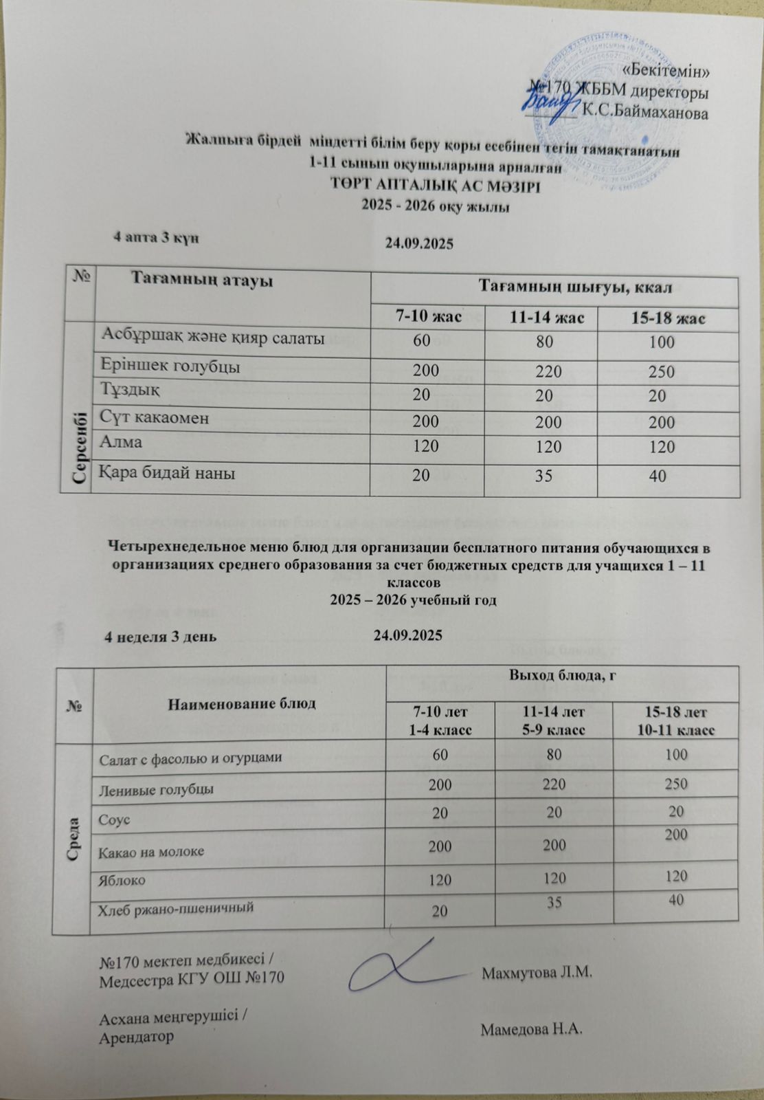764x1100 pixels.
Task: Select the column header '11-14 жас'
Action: point(541,318)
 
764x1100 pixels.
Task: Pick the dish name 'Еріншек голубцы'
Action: point(170,366)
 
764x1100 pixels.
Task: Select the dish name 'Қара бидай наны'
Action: point(168,473)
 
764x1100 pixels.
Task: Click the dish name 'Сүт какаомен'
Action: point(155,417)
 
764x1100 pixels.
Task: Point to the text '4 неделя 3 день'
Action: point(160,635)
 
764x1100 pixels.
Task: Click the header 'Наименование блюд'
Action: point(238,703)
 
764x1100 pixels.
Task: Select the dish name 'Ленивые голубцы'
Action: point(156,789)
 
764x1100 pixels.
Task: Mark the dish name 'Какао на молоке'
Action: point(151,851)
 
